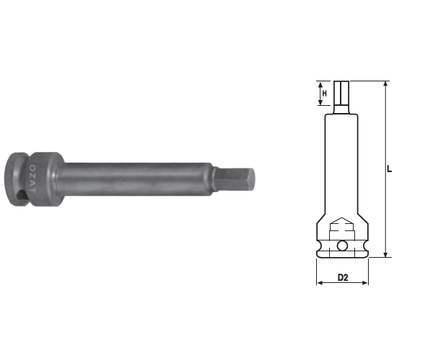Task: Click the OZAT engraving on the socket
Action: tap(32, 179)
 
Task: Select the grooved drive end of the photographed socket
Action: tap(17, 179)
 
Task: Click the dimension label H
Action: tap(325, 94)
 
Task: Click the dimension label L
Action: tap(390, 168)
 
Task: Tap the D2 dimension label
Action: tap(343, 277)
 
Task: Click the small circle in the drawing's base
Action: tap(342, 246)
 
